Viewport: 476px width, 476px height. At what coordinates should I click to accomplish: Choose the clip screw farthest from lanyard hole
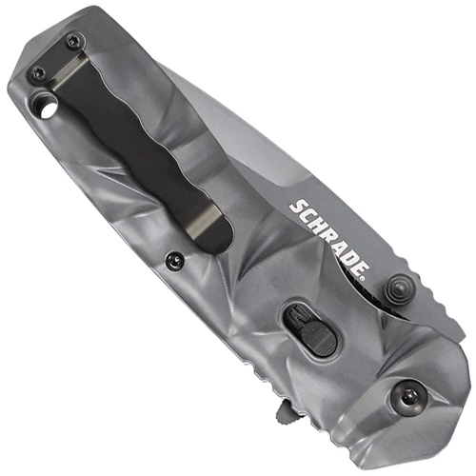coord(72,39)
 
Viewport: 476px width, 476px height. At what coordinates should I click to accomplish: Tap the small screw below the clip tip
coord(171,258)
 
